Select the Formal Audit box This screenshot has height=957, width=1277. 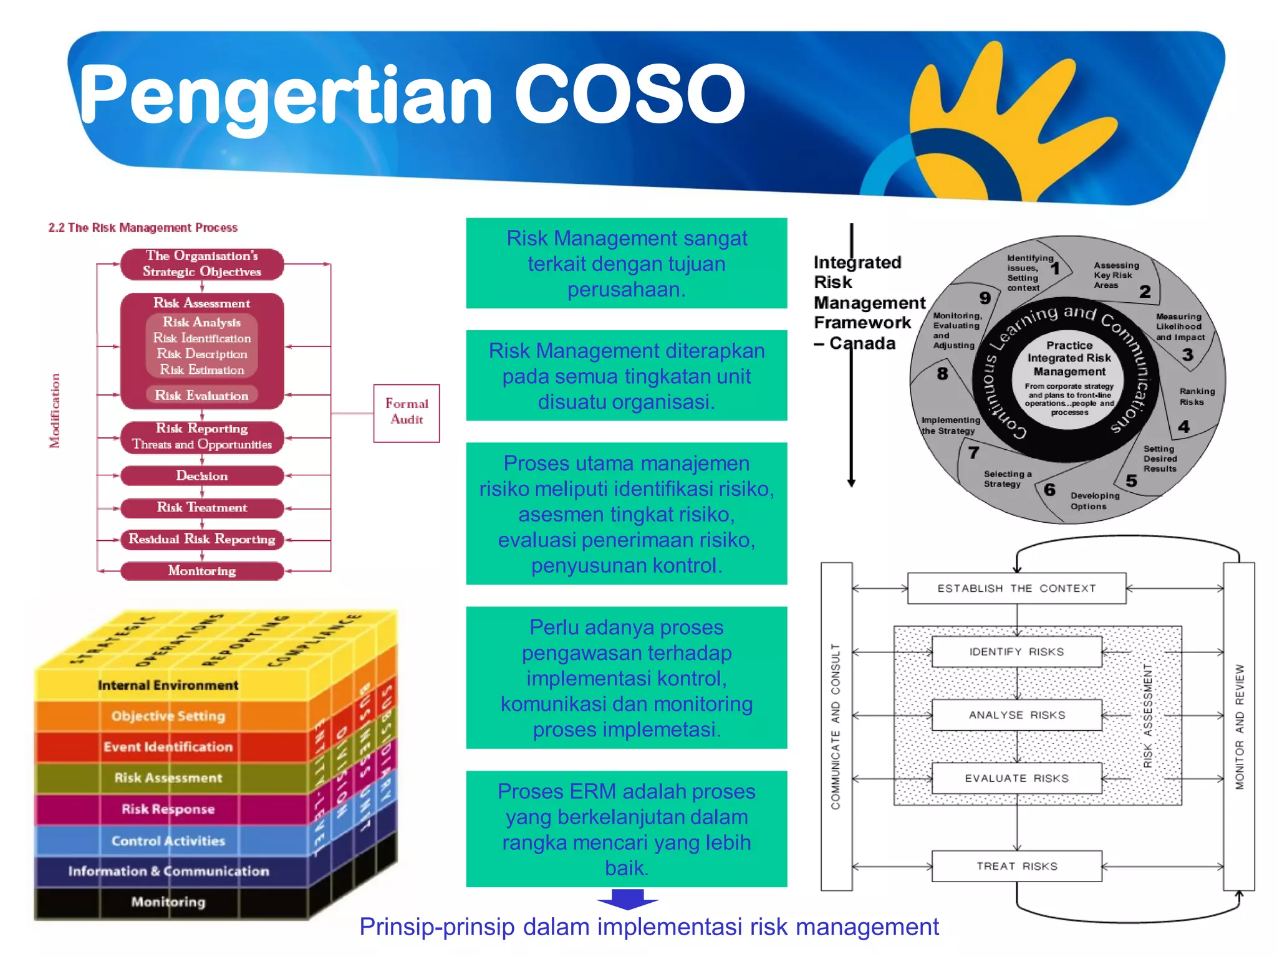(407, 412)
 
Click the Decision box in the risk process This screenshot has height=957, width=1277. (201, 475)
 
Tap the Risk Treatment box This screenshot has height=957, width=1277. (201, 507)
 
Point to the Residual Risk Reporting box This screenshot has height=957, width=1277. (201, 539)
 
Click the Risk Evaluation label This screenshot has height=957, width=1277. (201, 395)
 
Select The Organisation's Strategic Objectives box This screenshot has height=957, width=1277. (201, 264)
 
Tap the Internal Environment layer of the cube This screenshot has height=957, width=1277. (168, 685)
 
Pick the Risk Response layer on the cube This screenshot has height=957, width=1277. (168, 809)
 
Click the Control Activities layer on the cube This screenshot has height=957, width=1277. (168, 840)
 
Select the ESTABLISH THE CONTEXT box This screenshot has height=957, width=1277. (1016, 588)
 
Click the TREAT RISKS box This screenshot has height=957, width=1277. (1016, 866)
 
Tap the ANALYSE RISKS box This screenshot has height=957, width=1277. (1016, 715)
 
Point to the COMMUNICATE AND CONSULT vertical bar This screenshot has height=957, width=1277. (836, 726)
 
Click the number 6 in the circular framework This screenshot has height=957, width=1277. (1049, 490)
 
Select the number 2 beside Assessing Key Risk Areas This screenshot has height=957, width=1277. (1145, 292)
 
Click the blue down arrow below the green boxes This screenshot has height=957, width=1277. (627, 900)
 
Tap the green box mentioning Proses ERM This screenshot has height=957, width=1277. (626, 829)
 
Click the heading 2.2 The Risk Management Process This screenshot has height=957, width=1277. (143, 227)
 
